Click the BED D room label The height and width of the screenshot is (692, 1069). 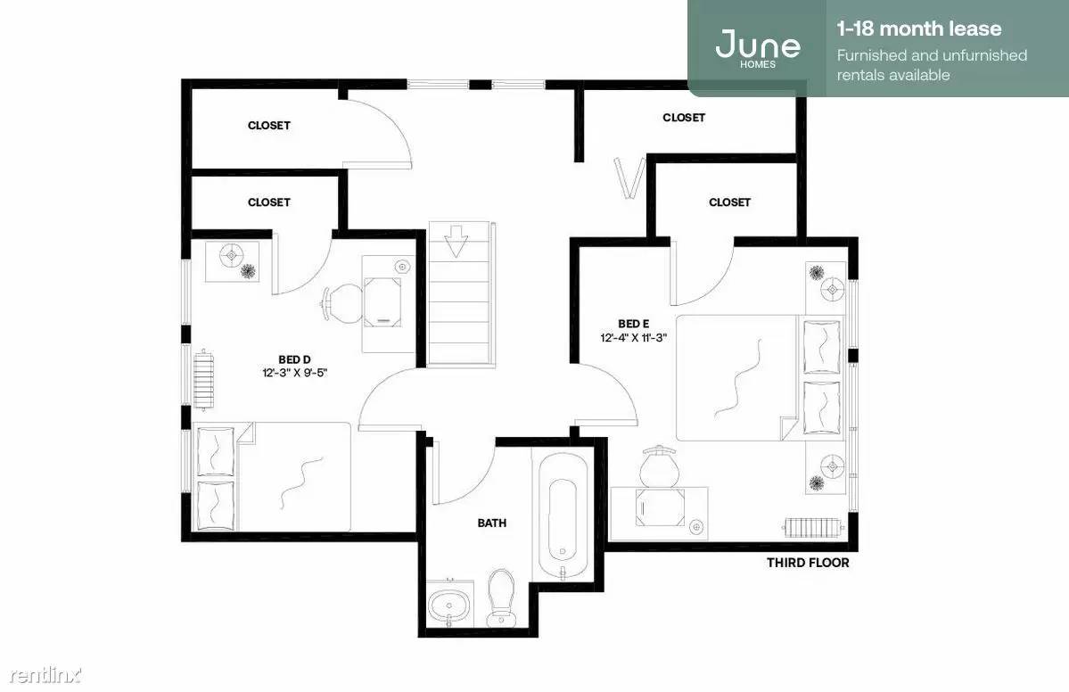pyautogui.click(x=294, y=359)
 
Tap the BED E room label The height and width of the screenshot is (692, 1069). pyautogui.click(x=633, y=324)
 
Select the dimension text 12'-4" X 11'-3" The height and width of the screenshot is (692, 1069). pyautogui.click(x=633, y=337)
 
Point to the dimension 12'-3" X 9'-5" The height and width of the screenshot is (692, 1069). pyautogui.click(x=295, y=373)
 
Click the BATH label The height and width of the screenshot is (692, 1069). pyautogui.click(x=491, y=523)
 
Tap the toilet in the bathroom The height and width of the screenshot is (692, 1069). pyautogui.click(x=501, y=597)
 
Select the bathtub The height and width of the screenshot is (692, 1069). pyautogui.click(x=563, y=517)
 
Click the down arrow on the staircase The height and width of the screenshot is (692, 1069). pyautogui.click(x=456, y=242)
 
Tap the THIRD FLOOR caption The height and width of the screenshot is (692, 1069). pyautogui.click(x=808, y=563)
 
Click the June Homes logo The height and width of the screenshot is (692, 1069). pyautogui.click(x=758, y=48)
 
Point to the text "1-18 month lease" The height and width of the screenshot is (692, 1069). pyautogui.click(x=919, y=29)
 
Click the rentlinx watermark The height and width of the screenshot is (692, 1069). pyautogui.click(x=45, y=675)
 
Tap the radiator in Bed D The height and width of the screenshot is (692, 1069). pyautogui.click(x=204, y=380)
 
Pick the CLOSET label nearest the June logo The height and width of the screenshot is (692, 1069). pyautogui.click(x=684, y=117)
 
